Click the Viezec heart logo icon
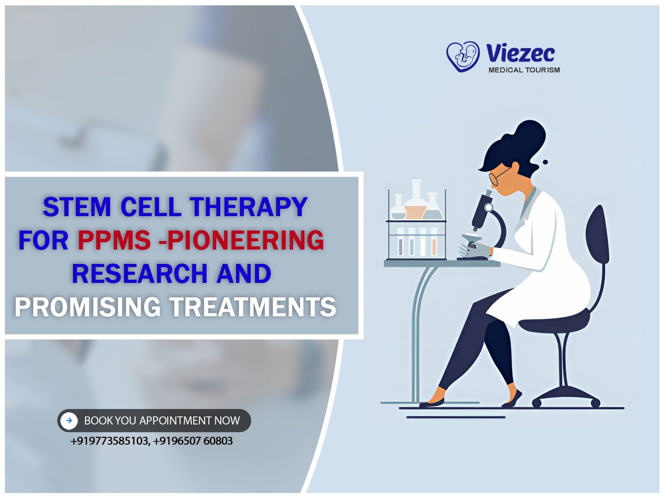463,56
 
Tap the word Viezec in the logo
520,53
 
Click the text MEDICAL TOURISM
524,70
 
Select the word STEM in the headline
77,207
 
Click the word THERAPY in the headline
249,207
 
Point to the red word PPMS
115,240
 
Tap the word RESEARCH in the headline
139,273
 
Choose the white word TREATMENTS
253,307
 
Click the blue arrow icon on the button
69,420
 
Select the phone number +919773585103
110,441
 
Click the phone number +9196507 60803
193,441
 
